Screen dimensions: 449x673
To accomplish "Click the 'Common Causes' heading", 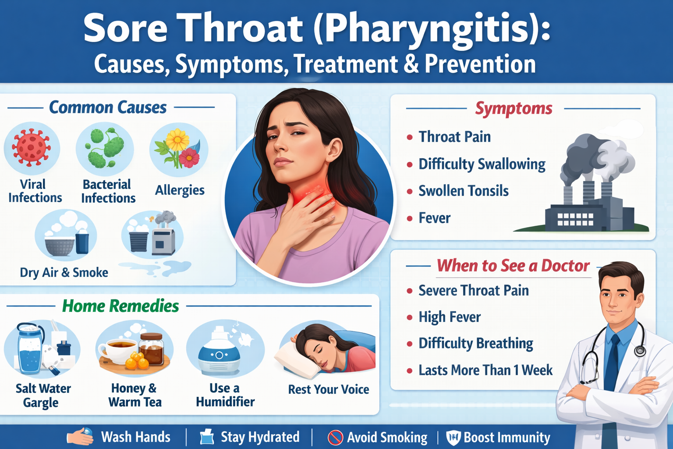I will click(x=108, y=107).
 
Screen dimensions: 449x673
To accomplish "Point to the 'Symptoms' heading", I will click(x=514, y=108).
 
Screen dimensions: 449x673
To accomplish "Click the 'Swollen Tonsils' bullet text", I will click(x=463, y=191).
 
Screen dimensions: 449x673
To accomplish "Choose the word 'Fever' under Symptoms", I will click(x=434, y=218).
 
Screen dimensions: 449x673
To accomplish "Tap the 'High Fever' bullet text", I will click(x=449, y=317).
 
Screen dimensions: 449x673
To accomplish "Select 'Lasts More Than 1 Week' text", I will click(x=485, y=371).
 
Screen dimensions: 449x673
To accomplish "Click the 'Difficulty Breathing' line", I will click(x=475, y=343).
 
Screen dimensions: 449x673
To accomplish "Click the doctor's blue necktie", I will click(x=612, y=364).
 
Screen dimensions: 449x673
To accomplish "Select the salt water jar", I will click(x=30, y=349).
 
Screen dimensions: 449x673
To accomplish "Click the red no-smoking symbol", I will click(x=335, y=437).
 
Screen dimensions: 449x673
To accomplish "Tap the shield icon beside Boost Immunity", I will click(x=453, y=438).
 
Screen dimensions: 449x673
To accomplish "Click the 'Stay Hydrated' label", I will click(x=260, y=437).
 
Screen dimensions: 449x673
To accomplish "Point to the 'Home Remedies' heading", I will click(x=120, y=306).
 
